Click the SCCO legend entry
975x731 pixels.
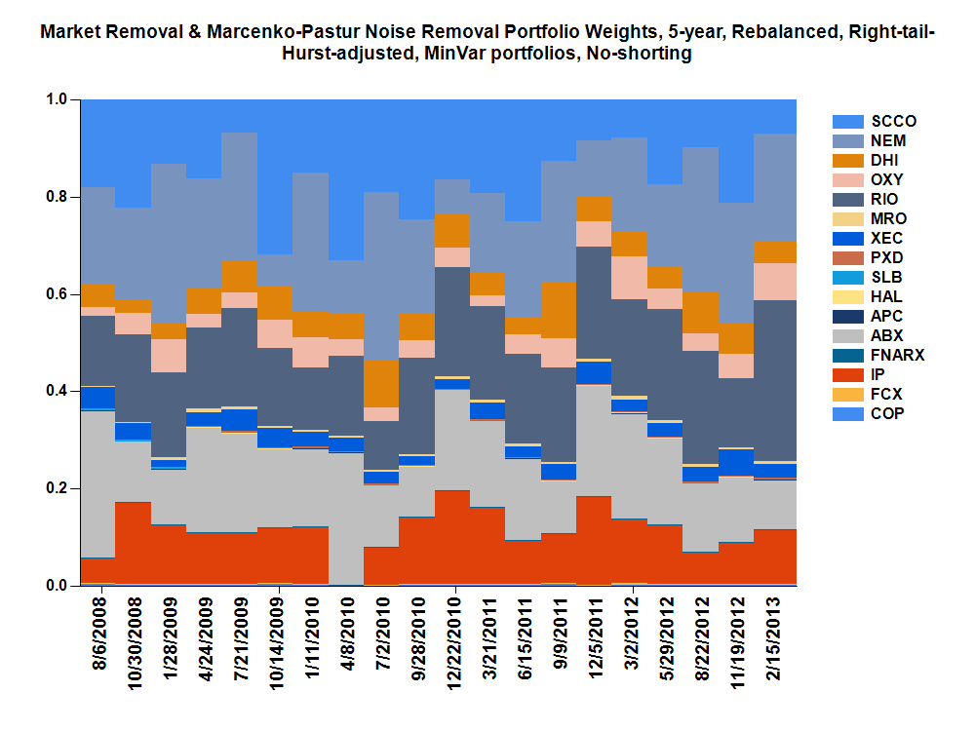point(893,122)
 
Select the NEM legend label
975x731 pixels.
point(888,141)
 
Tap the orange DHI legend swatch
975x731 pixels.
point(847,161)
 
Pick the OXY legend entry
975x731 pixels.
point(886,180)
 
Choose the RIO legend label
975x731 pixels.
point(885,200)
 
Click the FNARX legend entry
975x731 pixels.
point(897,356)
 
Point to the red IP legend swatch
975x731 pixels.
point(847,375)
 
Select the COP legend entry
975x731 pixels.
point(887,414)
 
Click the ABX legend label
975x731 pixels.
point(886,336)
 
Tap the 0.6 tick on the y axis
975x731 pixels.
point(58,294)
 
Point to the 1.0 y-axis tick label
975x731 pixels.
point(58,99)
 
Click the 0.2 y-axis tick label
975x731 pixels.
point(58,488)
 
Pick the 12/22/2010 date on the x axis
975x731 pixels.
point(454,638)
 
